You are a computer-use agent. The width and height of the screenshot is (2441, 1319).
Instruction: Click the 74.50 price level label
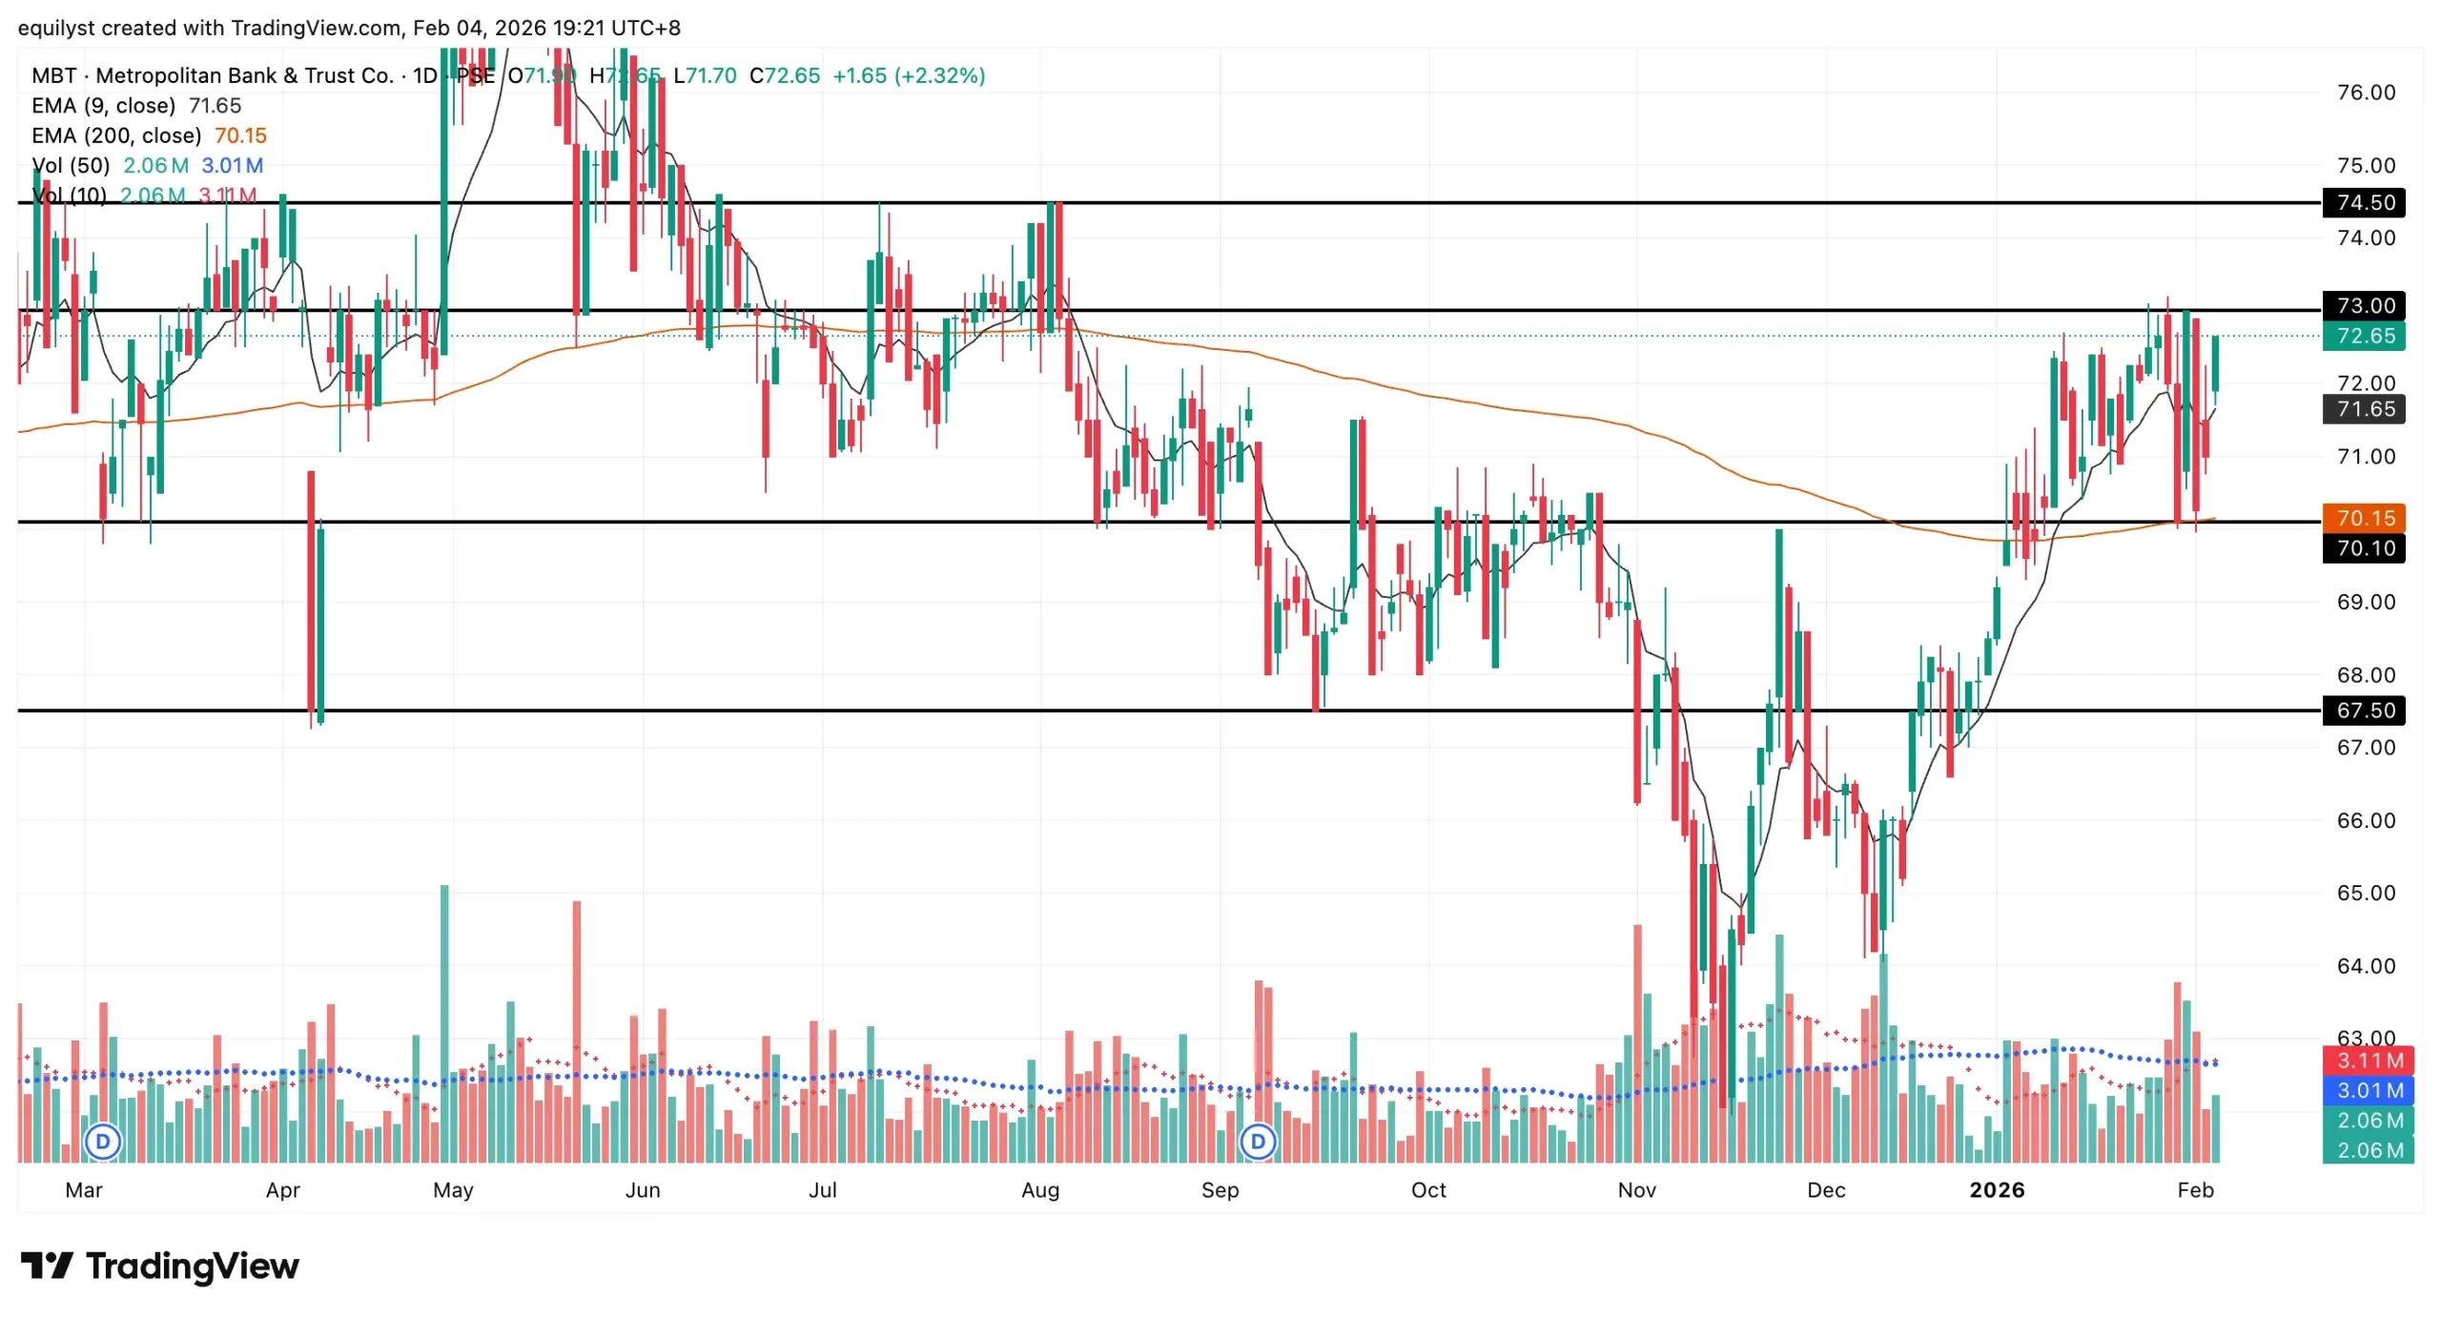(2365, 202)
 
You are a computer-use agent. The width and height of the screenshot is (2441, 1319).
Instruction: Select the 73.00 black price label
(2365, 305)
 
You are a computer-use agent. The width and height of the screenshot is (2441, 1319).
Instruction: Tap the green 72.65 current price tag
(2365, 336)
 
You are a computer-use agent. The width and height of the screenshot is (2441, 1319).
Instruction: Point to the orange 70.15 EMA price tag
(2365, 518)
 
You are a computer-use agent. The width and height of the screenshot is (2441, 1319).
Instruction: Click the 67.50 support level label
(2365, 711)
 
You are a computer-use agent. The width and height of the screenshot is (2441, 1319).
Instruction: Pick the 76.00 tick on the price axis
(2365, 93)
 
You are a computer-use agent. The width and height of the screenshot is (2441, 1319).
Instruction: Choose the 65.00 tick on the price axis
(2365, 893)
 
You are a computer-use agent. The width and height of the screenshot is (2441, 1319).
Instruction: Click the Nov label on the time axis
(1637, 1189)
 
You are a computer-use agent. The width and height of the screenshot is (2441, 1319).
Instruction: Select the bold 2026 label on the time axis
(1997, 1189)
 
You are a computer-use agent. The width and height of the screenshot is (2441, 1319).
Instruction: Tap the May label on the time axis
(453, 1189)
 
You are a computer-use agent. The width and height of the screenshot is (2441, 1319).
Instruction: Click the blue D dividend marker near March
(103, 1141)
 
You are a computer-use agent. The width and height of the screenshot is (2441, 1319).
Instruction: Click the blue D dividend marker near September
(1258, 1141)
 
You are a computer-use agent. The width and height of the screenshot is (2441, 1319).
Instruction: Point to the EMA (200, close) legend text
(116, 135)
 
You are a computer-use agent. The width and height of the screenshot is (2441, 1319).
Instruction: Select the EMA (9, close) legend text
(103, 105)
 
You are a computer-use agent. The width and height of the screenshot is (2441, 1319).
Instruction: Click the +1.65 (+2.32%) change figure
(909, 75)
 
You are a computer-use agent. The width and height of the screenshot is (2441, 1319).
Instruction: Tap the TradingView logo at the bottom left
(160, 1267)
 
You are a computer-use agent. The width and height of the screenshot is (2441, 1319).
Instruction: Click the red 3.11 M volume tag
(2369, 1060)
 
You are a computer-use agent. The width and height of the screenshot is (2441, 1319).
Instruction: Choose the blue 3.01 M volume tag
(2369, 1090)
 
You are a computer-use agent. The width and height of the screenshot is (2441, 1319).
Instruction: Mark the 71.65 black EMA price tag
(2365, 409)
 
